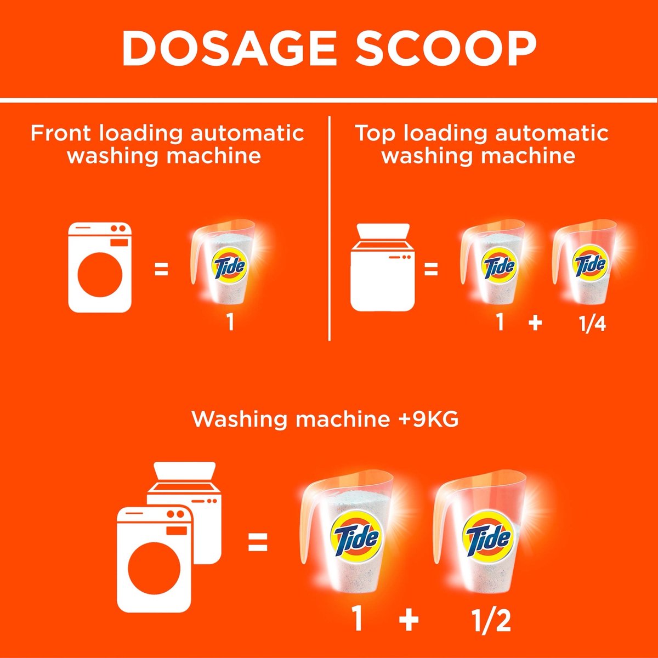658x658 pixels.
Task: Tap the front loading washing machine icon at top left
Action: pyautogui.click(x=100, y=268)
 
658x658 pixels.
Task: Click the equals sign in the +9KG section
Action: pyautogui.click(x=258, y=543)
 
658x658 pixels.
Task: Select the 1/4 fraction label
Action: pyautogui.click(x=593, y=324)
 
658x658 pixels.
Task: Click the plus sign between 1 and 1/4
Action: pyautogui.click(x=535, y=323)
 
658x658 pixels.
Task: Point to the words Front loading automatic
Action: pyautogui.click(x=167, y=133)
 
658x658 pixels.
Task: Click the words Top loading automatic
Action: pyautogui.click(x=481, y=133)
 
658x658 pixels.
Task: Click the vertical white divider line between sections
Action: pyautogui.click(x=329, y=228)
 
